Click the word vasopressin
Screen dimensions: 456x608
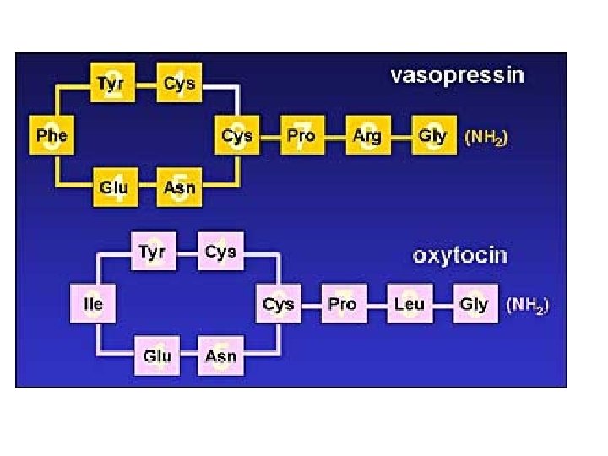[456, 75]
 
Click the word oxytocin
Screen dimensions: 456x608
[459, 255]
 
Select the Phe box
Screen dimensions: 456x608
[52, 135]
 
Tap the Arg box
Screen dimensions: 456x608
[366, 135]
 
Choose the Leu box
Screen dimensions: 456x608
[409, 304]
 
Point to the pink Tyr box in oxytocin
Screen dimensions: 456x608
[152, 252]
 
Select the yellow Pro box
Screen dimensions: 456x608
[301, 135]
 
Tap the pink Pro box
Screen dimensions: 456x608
[342, 304]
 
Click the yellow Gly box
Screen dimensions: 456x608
[432, 135]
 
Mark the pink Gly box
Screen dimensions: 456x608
[474, 304]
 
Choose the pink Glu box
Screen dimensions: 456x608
[156, 356]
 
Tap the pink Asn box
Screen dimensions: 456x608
[221, 356]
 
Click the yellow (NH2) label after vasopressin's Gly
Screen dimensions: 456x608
[487, 137]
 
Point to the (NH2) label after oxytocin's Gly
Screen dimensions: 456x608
[528, 306]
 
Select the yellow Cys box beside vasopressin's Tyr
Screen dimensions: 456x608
[179, 84]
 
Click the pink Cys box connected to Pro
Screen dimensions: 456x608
[278, 304]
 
